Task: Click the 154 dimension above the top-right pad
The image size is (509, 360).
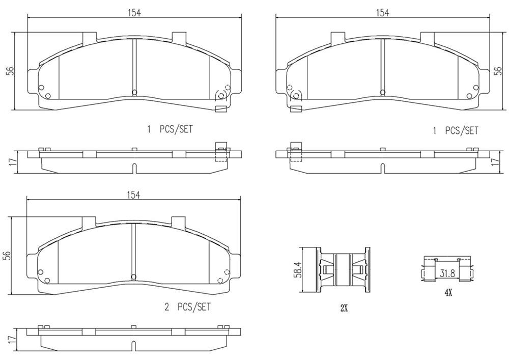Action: pos(382,13)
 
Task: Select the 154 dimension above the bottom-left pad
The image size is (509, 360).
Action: pos(133,195)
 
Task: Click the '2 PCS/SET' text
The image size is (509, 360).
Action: pos(187,307)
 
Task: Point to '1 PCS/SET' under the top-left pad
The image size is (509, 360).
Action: pos(170,130)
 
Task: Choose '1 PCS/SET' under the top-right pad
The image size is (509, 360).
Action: pos(455,131)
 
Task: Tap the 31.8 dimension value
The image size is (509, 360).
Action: pos(447,273)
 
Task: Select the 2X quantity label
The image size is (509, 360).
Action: pos(344,308)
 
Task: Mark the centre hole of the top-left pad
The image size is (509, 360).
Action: pos(134,92)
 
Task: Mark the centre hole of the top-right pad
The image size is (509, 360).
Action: pos(383,92)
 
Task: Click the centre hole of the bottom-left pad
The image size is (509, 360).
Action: pos(134,277)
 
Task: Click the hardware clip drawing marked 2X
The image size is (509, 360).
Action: pos(344,270)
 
